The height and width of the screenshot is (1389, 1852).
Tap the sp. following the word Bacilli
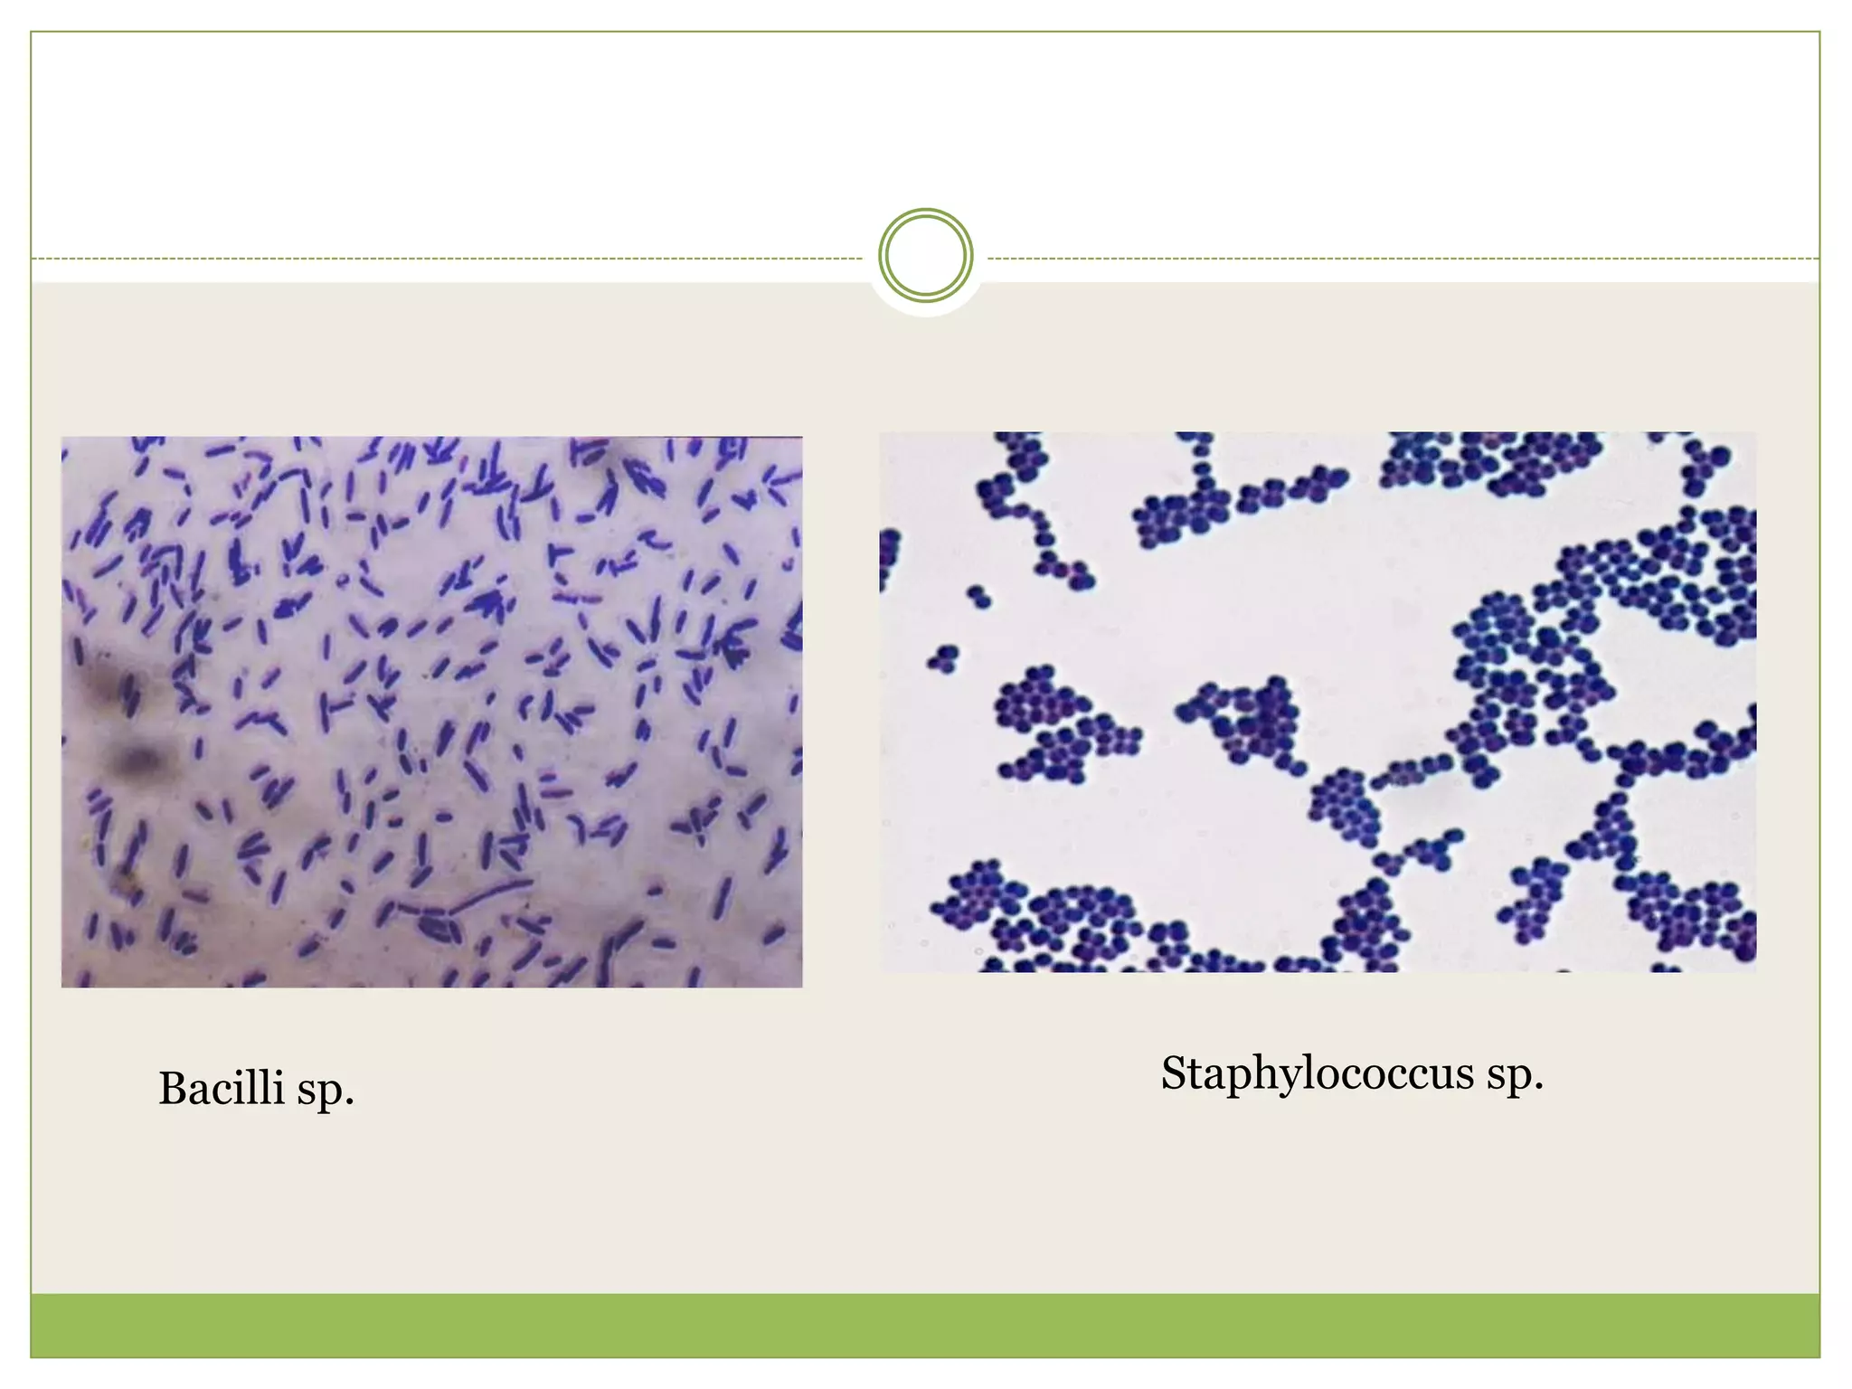click(326, 1091)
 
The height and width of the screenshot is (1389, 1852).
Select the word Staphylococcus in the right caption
click(1318, 1074)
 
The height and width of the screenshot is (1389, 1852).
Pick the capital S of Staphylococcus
click(1173, 1073)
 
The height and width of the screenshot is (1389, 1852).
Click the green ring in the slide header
click(925, 255)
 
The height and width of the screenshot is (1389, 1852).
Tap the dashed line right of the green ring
click(1402, 259)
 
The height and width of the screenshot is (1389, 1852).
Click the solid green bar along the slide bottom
click(925, 1325)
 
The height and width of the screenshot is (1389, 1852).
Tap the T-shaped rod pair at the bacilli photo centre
click(335, 706)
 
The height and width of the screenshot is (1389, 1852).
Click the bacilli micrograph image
click(431, 712)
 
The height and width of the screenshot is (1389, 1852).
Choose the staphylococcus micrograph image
click(1318, 702)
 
